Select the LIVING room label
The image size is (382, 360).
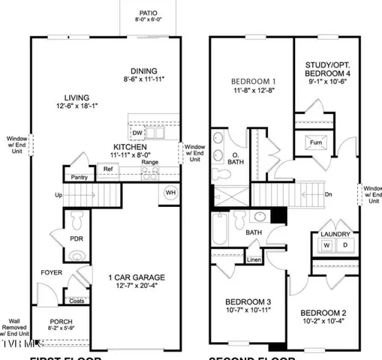tap(77, 97)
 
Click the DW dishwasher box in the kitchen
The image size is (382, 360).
tap(137, 133)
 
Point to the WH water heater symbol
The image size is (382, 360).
tap(170, 193)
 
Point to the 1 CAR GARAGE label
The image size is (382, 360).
tap(134, 277)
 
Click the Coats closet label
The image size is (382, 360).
tap(77, 301)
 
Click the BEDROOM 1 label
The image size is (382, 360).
tap(252, 81)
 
